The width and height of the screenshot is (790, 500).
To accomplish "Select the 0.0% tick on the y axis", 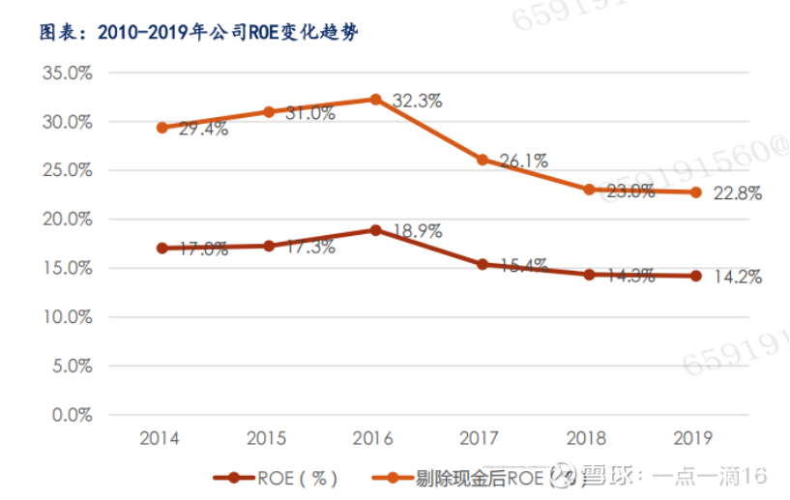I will pos(70,415).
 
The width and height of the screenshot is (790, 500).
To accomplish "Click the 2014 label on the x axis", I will pos(160,438).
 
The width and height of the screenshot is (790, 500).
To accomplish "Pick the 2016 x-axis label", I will pos(373,438).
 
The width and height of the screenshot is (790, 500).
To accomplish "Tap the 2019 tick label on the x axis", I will pos(692,438).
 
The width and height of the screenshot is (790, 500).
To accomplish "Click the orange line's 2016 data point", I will pos(375,100).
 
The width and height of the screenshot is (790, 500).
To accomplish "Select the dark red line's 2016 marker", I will pos(375,230).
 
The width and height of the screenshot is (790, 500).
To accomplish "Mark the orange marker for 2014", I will pos(161,128).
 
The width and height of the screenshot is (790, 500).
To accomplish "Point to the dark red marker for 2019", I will pos(694,276).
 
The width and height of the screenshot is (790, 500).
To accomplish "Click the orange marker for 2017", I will pos(482,160).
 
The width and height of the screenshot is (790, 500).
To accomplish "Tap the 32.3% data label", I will pos(418,101).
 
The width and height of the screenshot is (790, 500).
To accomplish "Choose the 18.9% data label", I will pos(418,231).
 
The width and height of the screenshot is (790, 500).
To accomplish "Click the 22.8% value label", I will pos(738,193).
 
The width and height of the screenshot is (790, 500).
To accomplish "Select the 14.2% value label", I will pos(738,278).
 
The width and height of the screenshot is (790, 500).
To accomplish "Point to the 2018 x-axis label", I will pos(586,438).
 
